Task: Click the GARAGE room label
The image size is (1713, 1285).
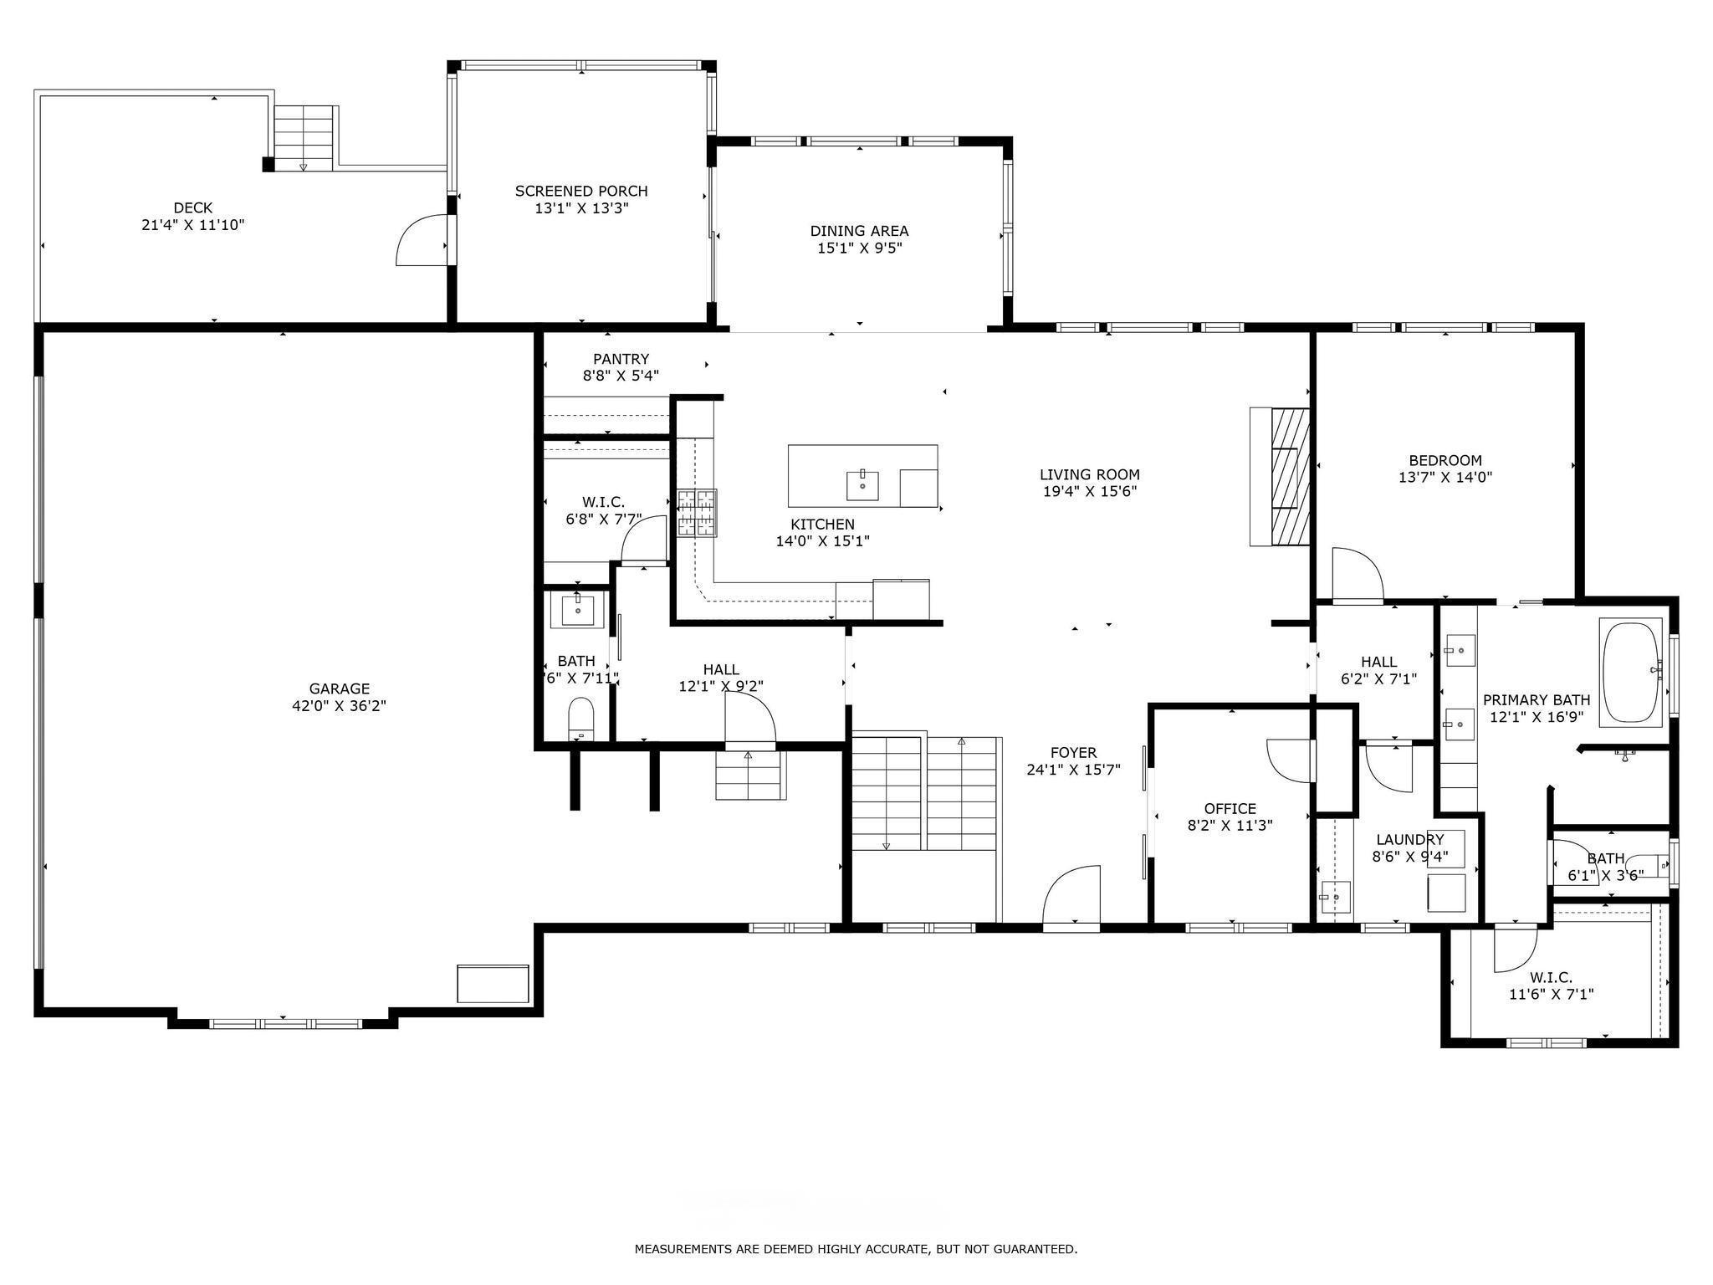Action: tap(339, 689)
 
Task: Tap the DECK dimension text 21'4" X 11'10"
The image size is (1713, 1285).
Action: tap(193, 225)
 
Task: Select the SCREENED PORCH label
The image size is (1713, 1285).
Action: tap(581, 191)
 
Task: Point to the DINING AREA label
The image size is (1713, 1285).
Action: tap(859, 231)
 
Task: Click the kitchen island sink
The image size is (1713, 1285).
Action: tap(862, 484)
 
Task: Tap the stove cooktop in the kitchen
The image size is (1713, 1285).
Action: tap(697, 512)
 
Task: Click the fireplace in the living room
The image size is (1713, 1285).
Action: tap(1280, 477)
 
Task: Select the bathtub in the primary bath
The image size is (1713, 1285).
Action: tap(1630, 673)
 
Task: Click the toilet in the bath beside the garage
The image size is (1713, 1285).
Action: tap(580, 719)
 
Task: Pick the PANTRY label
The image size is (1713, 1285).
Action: tap(621, 359)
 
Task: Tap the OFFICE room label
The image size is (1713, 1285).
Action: tap(1230, 808)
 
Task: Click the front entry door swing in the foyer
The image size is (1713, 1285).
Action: tap(1071, 895)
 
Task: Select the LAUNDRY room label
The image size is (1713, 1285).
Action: tap(1410, 839)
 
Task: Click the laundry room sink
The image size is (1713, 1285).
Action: tap(1335, 898)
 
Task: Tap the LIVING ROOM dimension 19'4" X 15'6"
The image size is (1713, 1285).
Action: tap(1090, 491)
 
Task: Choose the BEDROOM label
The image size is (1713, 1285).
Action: tap(1445, 460)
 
